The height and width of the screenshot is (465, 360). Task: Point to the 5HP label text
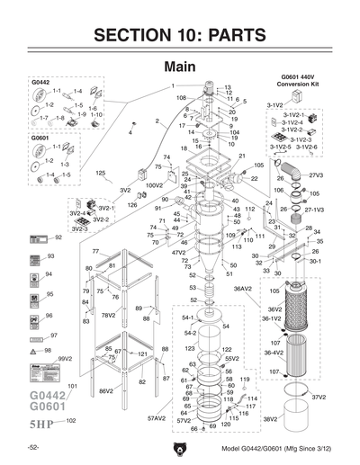pos(42,422)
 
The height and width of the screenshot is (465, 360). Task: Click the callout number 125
pos(100,172)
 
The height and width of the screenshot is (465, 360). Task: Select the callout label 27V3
pos(316,175)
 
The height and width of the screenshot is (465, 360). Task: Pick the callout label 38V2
pos(269,418)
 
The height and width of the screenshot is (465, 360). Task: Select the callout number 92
pos(58,237)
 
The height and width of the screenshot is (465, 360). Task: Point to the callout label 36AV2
pos(243,289)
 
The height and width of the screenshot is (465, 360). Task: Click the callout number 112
pos(250,209)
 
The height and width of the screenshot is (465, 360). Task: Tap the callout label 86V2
pos(105,391)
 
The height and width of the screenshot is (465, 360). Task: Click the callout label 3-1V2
pos(274,105)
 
